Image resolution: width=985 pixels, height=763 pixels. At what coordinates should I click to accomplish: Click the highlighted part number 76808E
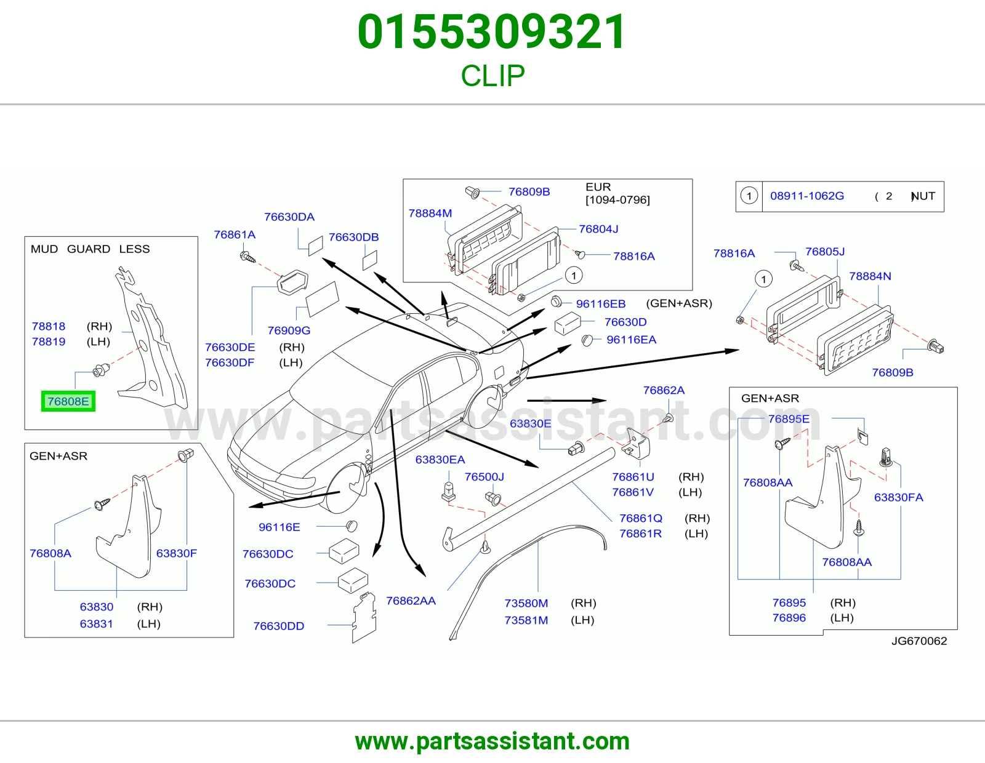click(68, 401)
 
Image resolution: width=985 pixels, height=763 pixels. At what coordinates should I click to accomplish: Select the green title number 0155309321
click(492, 32)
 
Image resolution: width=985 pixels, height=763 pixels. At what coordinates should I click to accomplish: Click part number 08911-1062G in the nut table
click(807, 196)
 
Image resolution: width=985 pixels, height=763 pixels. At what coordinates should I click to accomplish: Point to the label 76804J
click(598, 229)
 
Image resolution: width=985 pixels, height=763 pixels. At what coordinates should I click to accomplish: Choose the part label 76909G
click(289, 330)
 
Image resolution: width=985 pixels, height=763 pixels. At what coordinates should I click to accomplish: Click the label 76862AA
click(411, 601)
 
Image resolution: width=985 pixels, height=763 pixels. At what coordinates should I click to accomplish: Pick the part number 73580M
click(526, 603)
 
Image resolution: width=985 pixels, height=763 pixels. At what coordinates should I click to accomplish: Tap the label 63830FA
click(898, 498)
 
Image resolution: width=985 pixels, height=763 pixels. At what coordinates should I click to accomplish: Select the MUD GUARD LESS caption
click(90, 249)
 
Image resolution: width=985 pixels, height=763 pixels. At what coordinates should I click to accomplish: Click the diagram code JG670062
click(919, 641)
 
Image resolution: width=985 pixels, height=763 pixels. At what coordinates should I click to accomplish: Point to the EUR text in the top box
click(598, 187)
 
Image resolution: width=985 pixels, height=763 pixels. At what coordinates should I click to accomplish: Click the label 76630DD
click(279, 626)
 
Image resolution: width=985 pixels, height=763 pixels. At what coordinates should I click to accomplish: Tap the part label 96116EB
click(601, 304)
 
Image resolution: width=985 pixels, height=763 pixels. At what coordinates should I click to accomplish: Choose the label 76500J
click(484, 477)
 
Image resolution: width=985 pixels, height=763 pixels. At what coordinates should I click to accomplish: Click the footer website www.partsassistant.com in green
click(492, 741)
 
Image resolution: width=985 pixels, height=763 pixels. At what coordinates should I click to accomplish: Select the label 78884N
click(870, 276)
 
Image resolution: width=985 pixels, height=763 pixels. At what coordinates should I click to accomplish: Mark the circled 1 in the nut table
click(749, 196)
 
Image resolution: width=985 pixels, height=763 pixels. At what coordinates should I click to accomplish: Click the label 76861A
click(235, 234)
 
